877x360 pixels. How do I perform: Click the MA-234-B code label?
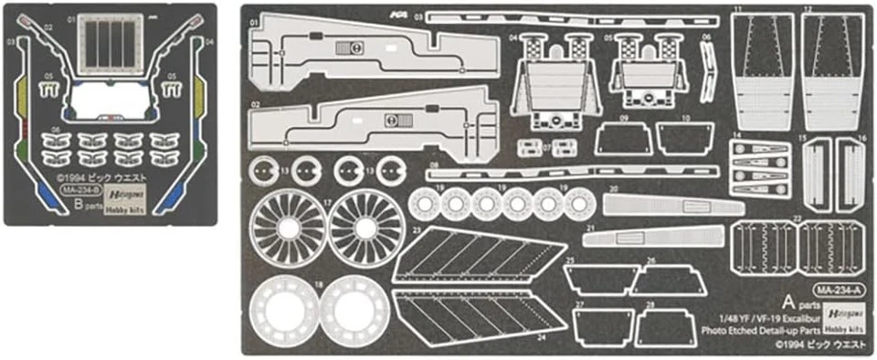(x=79, y=190)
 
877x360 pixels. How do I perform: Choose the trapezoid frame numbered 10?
(x=685, y=139)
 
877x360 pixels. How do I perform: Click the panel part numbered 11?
(x=762, y=70)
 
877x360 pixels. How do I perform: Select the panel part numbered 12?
(x=832, y=70)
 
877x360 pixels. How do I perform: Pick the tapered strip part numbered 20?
(x=671, y=205)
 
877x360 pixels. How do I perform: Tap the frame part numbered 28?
(x=665, y=327)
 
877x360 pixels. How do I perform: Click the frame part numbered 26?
(x=664, y=280)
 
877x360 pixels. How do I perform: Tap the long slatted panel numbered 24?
(x=475, y=314)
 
